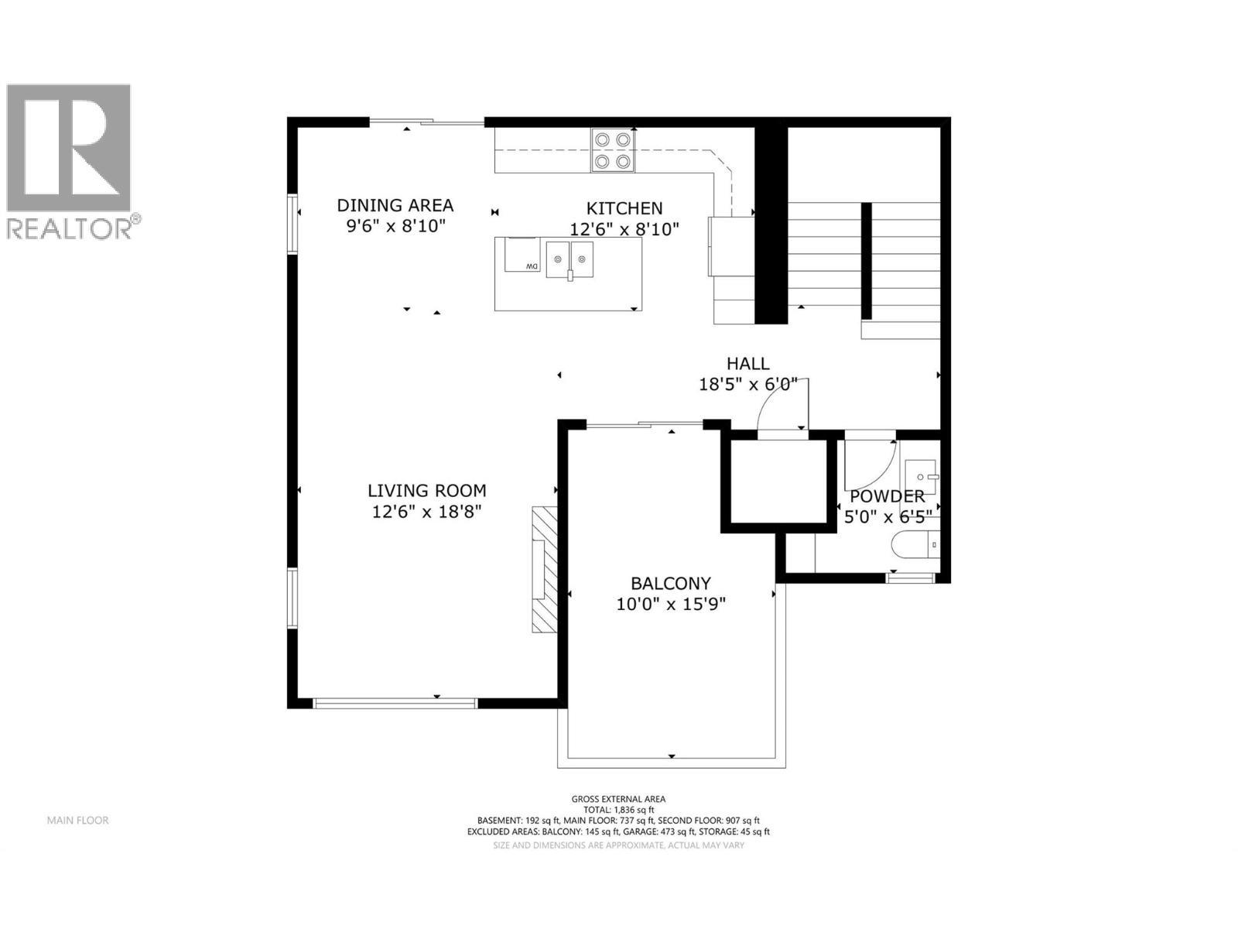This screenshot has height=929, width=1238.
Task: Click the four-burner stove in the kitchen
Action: (613, 150)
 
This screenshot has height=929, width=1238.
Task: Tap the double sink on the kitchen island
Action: (569, 258)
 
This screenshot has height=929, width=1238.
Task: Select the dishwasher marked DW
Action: (522, 255)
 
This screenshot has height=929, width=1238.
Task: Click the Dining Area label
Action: (395, 205)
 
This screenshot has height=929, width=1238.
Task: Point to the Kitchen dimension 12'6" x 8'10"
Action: (624, 229)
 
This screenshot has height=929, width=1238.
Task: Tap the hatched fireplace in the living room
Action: (544, 570)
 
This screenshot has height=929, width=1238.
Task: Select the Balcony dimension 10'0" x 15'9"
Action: (670, 604)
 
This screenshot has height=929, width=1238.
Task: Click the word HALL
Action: (747, 363)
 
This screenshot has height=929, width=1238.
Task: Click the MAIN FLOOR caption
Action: (77, 820)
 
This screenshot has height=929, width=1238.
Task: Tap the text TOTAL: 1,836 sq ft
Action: (618, 810)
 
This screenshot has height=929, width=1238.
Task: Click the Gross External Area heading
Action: (618, 799)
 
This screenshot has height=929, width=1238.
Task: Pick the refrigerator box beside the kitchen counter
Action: (730, 246)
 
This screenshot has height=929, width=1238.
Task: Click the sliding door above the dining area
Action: (426, 122)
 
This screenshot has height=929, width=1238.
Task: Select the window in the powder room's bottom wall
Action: (910, 577)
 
